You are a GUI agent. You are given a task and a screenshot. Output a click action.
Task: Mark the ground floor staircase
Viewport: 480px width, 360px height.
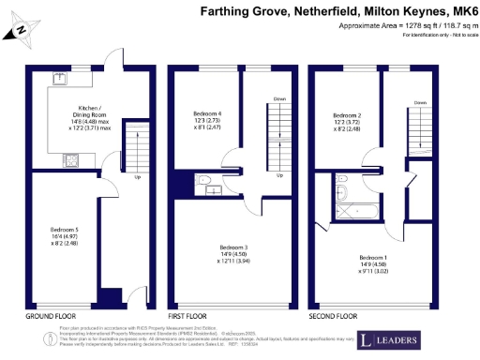[137, 145]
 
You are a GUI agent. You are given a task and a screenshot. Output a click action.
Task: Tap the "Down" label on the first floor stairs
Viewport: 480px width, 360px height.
[279, 98]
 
